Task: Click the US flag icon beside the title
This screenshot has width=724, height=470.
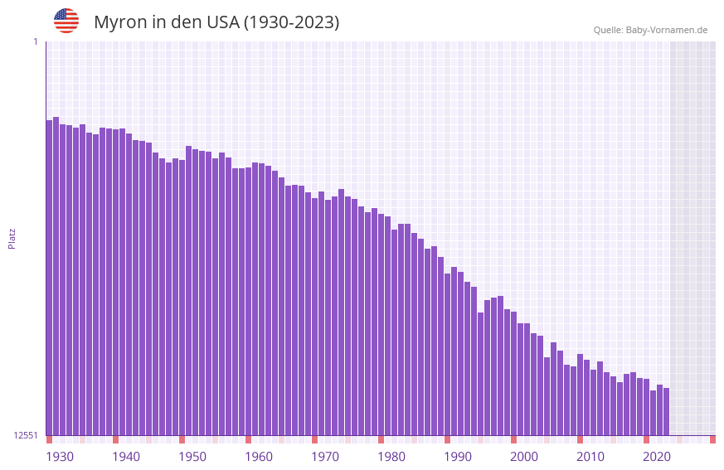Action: click(x=66, y=21)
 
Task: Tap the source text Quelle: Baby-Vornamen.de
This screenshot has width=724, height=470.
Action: click(x=650, y=30)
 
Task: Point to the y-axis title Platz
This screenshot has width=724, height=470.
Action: click(x=12, y=238)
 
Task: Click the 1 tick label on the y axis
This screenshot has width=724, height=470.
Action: click(x=35, y=41)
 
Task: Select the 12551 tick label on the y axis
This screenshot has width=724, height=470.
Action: click(x=25, y=435)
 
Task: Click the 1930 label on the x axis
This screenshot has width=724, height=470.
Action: click(x=60, y=457)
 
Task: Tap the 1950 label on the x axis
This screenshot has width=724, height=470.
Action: click(x=192, y=457)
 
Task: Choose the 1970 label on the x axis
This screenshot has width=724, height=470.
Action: click(x=325, y=457)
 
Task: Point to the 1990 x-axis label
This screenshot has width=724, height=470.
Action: click(x=458, y=457)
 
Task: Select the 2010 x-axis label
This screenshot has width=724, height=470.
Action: click(x=590, y=457)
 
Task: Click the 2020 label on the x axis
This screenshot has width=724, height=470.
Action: click(x=657, y=457)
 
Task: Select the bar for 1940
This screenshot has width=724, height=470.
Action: click(x=115, y=282)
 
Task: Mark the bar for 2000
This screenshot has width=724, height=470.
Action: click(x=513, y=373)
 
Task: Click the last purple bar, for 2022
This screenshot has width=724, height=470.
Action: click(x=666, y=411)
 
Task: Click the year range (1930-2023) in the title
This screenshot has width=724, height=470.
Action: click(x=290, y=22)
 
